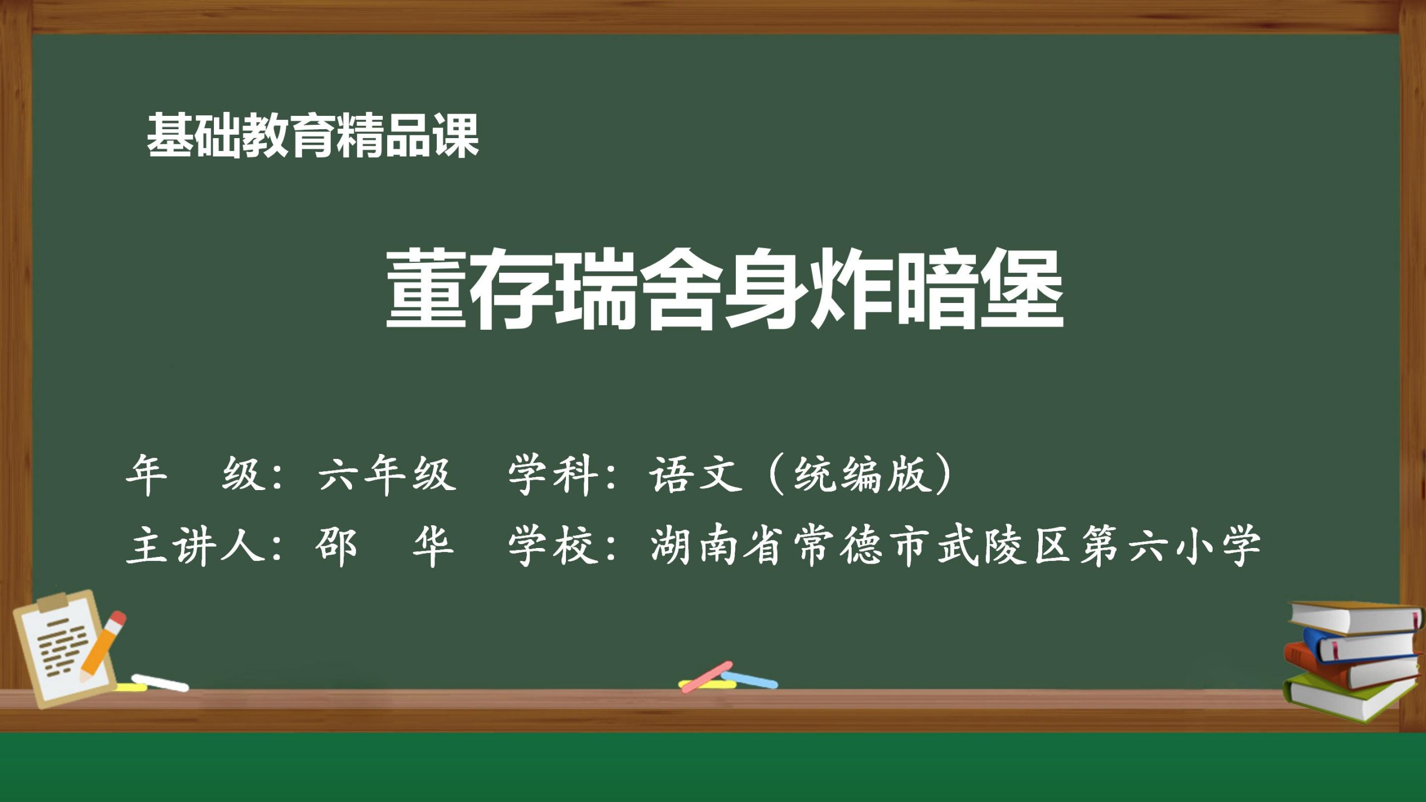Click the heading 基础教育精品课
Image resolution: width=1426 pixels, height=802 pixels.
pyautogui.click(x=312, y=136)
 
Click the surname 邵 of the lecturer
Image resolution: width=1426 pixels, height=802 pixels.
pyautogui.click(x=335, y=546)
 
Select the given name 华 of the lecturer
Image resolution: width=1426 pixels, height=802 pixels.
pyautogui.click(x=433, y=546)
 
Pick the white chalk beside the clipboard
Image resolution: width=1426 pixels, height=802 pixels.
pyautogui.click(x=160, y=683)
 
